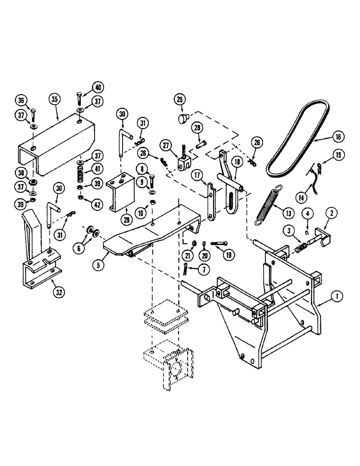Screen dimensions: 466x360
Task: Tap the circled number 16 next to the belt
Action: click(x=338, y=137)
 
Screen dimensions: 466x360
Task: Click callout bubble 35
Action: click(x=55, y=99)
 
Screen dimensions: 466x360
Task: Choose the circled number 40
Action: click(x=98, y=87)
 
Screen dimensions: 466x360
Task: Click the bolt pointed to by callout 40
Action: click(x=79, y=99)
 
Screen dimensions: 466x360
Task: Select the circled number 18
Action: click(x=237, y=162)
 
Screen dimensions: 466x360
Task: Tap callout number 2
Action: click(x=332, y=213)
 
